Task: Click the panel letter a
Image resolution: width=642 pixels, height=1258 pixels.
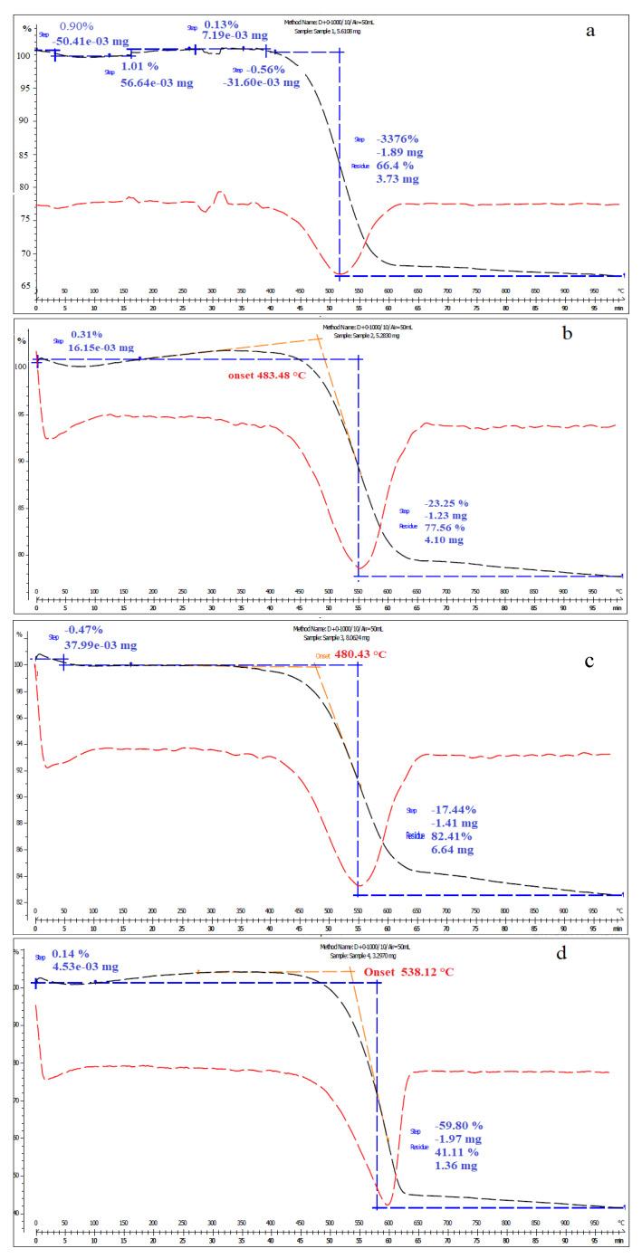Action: coord(590,31)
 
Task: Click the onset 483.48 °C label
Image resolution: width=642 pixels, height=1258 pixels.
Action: coord(255,375)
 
